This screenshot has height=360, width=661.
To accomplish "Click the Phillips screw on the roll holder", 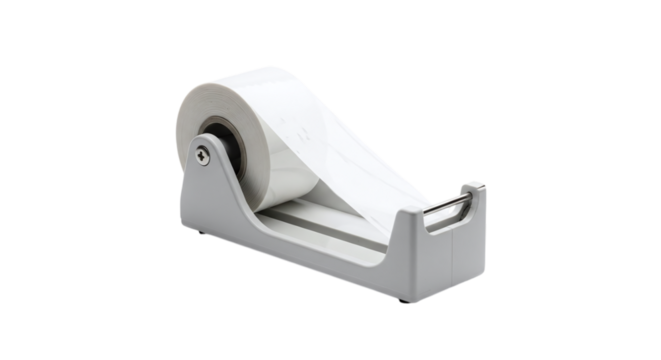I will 204,152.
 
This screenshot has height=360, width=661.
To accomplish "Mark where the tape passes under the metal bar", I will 436,204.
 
